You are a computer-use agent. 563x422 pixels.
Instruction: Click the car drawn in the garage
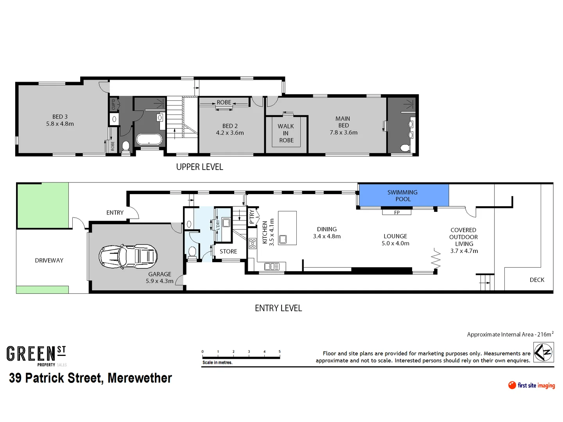(128, 257)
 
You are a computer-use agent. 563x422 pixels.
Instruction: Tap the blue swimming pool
(403, 195)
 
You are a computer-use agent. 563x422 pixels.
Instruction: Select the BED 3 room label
(60, 116)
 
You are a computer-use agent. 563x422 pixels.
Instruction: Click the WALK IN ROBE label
(286, 133)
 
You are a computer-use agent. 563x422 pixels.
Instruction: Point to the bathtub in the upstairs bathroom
(149, 139)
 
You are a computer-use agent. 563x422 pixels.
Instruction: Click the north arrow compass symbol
(543, 352)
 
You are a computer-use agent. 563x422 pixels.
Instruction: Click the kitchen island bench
(287, 228)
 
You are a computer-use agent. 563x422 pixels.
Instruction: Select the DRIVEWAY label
(49, 261)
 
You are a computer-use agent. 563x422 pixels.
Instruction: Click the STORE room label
(228, 252)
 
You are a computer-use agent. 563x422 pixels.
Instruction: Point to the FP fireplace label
(397, 213)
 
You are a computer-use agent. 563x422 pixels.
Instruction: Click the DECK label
(537, 280)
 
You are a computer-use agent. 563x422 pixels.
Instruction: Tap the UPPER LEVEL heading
(199, 167)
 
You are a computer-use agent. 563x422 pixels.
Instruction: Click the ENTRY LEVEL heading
(278, 308)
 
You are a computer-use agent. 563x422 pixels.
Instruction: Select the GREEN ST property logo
(36, 355)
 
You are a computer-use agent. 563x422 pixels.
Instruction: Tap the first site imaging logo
(531, 385)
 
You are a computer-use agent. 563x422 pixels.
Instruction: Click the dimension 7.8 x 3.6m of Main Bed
(343, 132)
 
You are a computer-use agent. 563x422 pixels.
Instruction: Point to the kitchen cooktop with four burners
(253, 243)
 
